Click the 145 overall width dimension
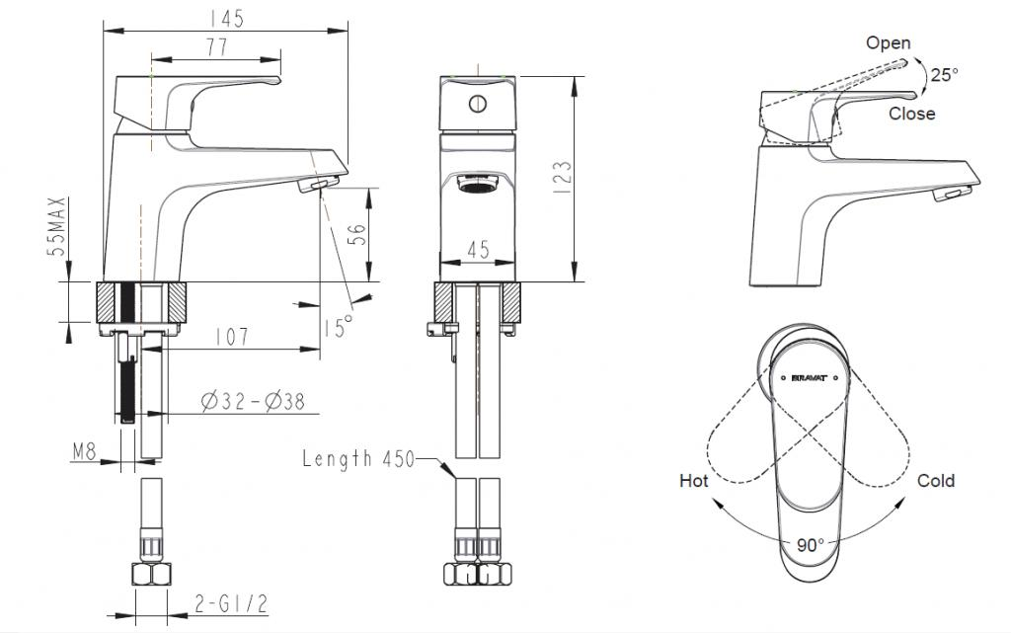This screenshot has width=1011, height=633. pos(227,18)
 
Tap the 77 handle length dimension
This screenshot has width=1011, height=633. pos(217,47)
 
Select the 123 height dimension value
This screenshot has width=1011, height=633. pos(562,178)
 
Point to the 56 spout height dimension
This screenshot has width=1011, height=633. pos(357,234)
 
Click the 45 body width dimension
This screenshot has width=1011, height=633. pos(478,250)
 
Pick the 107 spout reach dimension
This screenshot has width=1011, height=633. pos(231,337)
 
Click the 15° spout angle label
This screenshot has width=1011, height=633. pos(339,327)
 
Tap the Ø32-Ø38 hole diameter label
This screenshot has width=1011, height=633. pos(252,402)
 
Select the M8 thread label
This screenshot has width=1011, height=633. pos(84,451)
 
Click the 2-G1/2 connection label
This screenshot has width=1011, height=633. pos(231,604)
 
